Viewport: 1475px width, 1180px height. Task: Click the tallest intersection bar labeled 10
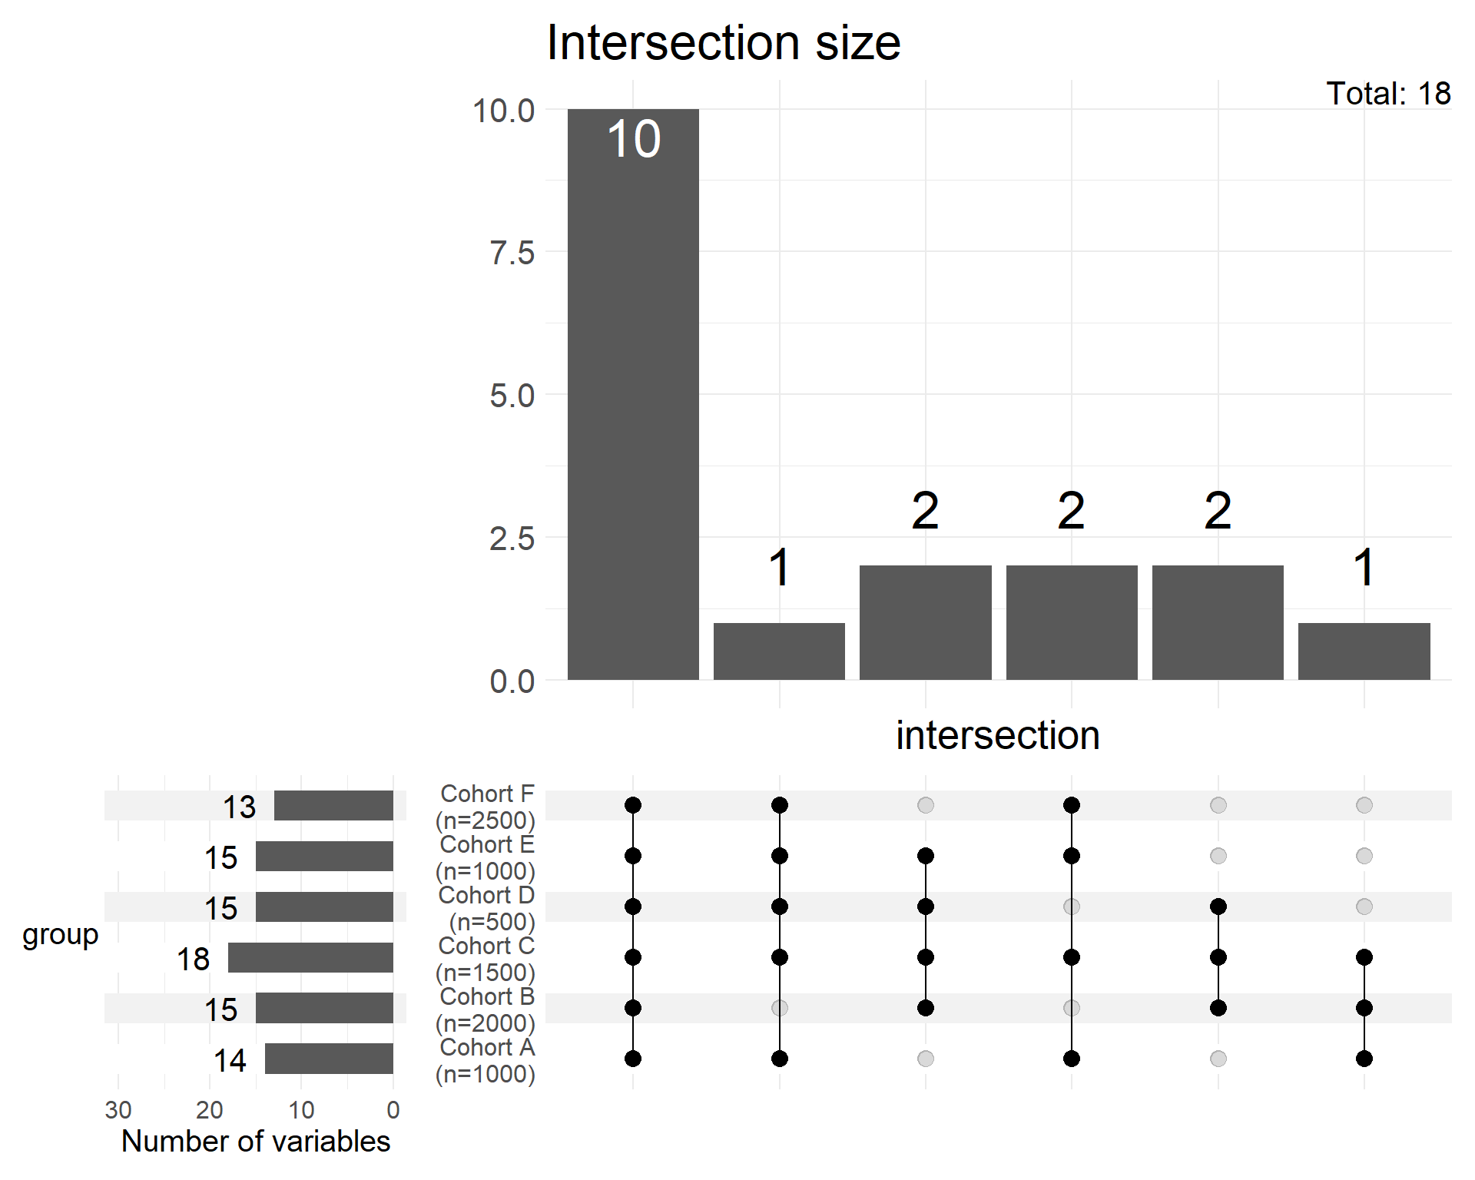click(x=633, y=393)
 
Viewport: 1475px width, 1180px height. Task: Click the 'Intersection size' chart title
click(x=723, y=42)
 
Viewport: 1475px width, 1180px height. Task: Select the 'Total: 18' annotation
click(x=1387, y=94)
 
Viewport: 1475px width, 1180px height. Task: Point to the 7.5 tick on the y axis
click(x=512, y=253)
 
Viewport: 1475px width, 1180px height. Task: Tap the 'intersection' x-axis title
click(x=997, y=735)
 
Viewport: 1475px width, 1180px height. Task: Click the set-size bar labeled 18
click(x=310, y=957)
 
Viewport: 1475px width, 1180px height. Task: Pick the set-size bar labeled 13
click(x=333, y=805)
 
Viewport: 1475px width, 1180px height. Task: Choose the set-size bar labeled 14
click(x=329, y=1059)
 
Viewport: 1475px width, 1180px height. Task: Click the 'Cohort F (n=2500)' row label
click(x=486, y=807)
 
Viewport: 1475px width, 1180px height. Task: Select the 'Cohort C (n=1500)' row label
click(x=486, y=959)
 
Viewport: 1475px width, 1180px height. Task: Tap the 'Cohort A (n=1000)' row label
click(x=486, y=1060)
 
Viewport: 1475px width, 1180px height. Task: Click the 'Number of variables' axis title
click(x=256, y=1142)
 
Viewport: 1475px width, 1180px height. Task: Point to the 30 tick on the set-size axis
click(x=118, y=1110)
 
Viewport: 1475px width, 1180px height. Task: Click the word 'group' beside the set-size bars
click(x=61, y=935)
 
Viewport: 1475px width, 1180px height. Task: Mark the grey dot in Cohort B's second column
click(x=780, y=1008)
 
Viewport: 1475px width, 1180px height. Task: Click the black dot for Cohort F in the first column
click(x=633, y=805)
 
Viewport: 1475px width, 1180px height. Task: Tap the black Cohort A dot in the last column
click(x=1364, y=1059)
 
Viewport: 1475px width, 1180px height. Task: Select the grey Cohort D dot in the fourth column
click(x=1072, y=907)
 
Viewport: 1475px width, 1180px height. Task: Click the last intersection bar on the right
click(x=1364, y=651)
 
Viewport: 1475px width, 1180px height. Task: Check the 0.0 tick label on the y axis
click(x=512, y=681)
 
